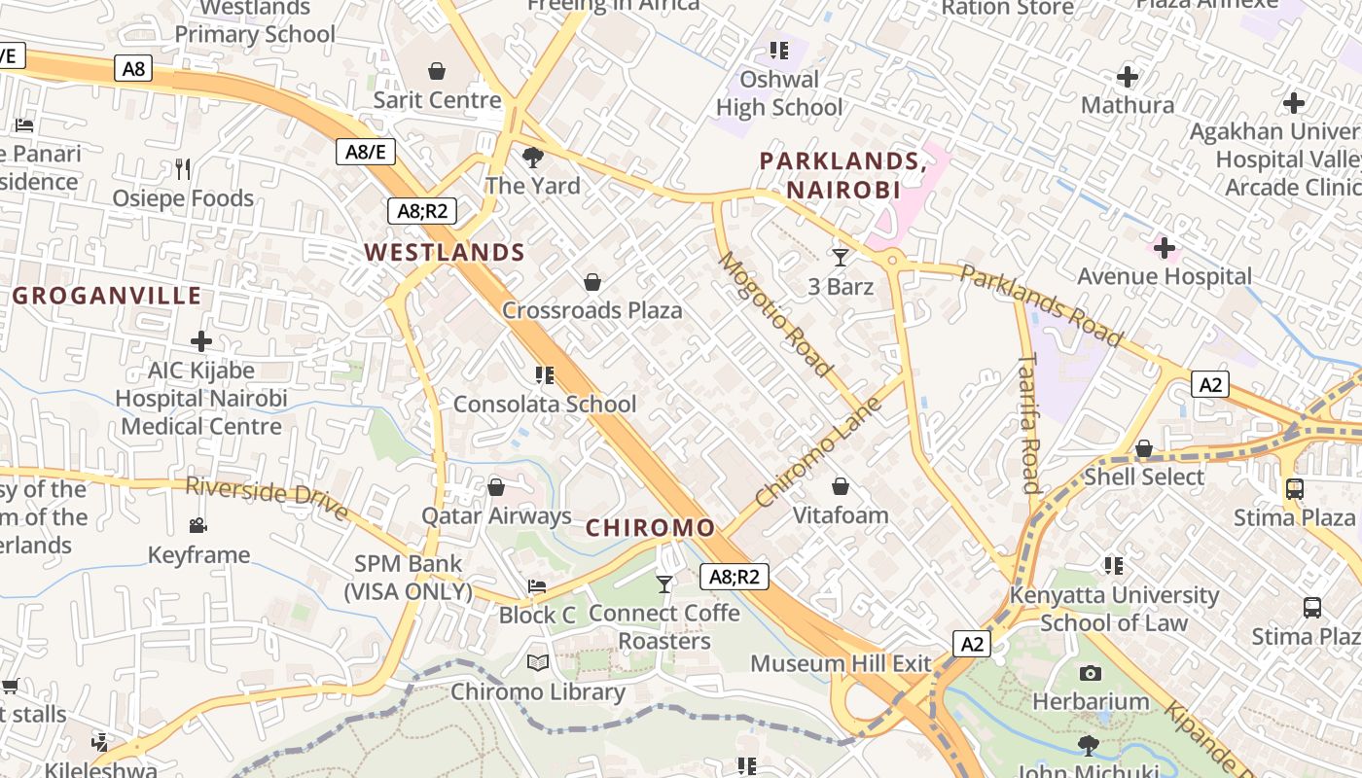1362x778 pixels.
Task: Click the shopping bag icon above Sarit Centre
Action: point(437,71)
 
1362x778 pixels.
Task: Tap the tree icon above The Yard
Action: point(532,157)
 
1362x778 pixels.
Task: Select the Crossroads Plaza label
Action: point(591,310)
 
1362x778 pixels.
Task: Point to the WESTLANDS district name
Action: point(445,253)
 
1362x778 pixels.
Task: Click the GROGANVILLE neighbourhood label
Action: point(107,296)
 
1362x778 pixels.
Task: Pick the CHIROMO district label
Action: point(650,528)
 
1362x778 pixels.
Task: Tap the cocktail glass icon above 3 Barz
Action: point(841,258)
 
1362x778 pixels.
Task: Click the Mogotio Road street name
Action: point(775,313)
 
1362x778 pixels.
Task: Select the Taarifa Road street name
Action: point(1029,423)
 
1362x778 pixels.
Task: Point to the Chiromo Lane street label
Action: point(818,450)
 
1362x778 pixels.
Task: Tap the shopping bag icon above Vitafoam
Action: point(841,485)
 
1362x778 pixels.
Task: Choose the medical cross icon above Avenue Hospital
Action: point(1164,248)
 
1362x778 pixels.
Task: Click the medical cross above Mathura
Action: point(1128,76)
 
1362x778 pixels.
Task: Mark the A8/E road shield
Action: point(366,152)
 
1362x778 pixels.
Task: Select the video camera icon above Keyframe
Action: point(198,526)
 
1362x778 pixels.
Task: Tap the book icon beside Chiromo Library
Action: point(538,663)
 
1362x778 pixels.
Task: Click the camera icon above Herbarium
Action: point(1091,673)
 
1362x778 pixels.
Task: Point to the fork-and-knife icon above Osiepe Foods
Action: point(183,169)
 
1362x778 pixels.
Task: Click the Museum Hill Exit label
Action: point(841,664)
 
